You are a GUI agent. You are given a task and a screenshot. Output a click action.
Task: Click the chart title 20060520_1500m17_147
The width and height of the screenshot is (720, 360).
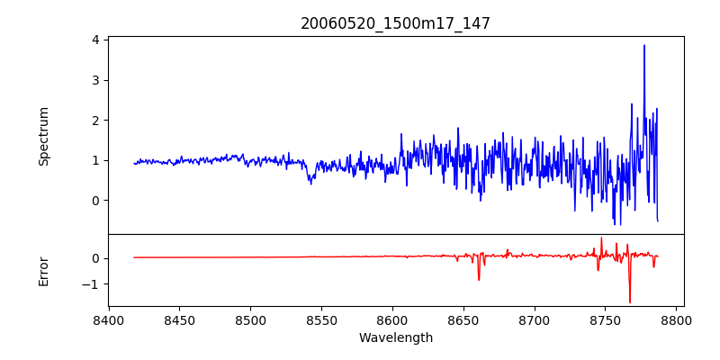coord(395,23)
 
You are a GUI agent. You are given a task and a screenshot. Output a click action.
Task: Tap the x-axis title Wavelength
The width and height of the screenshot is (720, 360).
coord(395,338)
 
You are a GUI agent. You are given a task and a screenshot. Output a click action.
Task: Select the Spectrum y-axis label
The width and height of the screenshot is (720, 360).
coord(44,136)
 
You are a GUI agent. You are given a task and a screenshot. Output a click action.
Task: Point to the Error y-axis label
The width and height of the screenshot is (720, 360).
coord(44,271)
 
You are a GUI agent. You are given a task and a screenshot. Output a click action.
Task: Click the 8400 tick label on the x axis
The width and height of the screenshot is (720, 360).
coord(109,320)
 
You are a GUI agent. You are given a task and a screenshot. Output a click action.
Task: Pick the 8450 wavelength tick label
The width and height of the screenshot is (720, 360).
coord(179,320)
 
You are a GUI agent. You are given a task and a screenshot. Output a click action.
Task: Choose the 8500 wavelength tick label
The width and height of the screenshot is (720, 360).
coord(250,320)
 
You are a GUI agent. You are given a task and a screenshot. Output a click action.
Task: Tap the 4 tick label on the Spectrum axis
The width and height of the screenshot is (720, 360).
coord(94,40)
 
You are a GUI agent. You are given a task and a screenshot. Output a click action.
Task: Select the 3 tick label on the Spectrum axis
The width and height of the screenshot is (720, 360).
coord(94,80)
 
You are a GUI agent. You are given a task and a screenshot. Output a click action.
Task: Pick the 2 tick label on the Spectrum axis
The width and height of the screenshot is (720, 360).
coord(94,121)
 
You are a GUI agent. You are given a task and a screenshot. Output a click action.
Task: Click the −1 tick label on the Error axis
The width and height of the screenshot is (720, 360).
coord(90,284)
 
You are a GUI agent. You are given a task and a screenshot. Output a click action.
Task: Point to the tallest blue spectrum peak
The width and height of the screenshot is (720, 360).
coord(644,46)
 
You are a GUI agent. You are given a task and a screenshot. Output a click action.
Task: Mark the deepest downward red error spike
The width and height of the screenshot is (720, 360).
coord(630,301)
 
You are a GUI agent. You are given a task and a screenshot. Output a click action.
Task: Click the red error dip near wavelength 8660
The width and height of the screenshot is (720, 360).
coord(479,279)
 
